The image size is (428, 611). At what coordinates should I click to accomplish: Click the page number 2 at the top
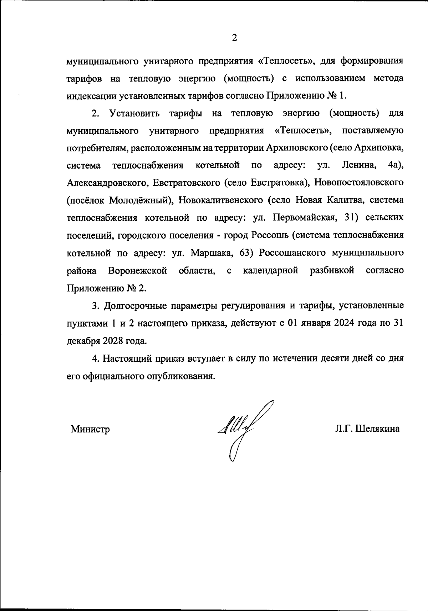click(x=234, y=37)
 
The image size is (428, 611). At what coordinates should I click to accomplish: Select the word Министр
click(x=90, y=429)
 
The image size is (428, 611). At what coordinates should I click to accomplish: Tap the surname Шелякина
click(x=377, y=429)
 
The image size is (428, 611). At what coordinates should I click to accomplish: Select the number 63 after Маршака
click(x=246, y=253)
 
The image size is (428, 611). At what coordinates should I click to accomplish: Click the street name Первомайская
click(x=303, y=218)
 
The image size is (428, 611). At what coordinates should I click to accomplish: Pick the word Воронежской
click(x=137, y=270)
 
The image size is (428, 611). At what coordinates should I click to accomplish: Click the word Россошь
click(x=268, y=235)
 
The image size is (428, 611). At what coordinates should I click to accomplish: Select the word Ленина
click(x=358, y=165)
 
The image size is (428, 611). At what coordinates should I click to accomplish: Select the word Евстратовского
click(x=186, y=183)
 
